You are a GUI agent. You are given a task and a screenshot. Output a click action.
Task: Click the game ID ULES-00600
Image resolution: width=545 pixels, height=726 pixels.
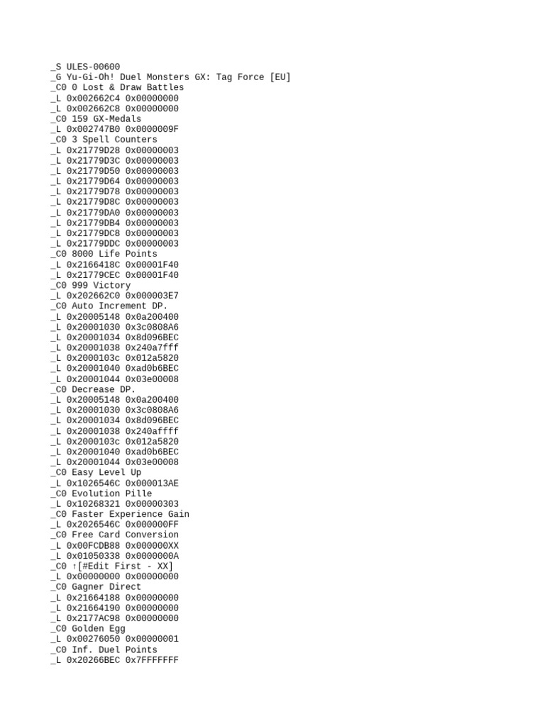click(x=93, y=67)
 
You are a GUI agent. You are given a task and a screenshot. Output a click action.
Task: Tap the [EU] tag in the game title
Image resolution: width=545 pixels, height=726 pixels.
click(x=280, y=77)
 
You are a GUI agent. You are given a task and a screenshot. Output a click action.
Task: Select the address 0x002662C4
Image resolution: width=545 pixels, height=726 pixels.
click(x=93, y=98)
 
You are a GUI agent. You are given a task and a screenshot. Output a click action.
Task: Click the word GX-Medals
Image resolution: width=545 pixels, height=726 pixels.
click(x=117, y=119)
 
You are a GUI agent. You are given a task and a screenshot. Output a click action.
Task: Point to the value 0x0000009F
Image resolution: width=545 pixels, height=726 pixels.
click(x=152, y=129)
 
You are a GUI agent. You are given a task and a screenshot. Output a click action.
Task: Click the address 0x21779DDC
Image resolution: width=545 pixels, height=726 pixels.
click(x=93, y=244)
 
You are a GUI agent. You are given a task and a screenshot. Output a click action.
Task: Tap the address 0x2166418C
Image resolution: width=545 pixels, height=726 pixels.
click(x=93, y=264)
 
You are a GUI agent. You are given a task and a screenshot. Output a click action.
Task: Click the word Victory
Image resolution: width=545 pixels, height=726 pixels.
click(x=111, y=285)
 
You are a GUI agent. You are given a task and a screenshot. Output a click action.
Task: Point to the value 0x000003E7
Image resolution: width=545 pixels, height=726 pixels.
click(x=152, y=296)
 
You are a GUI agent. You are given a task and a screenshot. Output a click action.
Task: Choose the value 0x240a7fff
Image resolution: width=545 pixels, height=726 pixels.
click(x=152, y=347)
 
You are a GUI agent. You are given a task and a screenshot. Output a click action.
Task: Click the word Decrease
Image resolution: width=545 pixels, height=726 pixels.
click(x=93, y=389)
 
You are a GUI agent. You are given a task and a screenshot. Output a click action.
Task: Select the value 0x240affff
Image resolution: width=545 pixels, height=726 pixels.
click(x=152, y=431)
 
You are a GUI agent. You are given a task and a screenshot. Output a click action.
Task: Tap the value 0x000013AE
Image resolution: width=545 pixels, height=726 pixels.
click(x=152, y=483)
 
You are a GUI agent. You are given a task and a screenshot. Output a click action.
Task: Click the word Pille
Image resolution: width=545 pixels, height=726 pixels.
click(x=138, y=493)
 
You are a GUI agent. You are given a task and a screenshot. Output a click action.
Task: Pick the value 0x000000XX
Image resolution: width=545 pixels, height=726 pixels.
click(x=152, y=545)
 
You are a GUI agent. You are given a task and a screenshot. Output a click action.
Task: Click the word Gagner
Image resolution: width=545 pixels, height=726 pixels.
click(x=88, y=587)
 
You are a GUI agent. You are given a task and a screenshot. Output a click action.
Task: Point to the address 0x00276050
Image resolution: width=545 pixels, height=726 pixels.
click(x=93, y=639)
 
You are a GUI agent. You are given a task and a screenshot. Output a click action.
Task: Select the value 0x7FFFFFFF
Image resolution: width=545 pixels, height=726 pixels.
click(x=152, y=660)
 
